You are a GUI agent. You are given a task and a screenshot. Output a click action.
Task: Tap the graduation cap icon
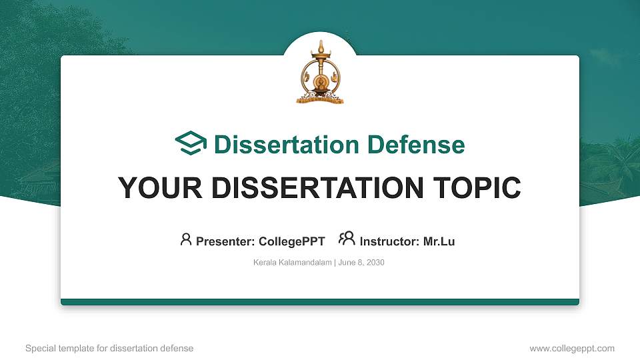pos(191,144)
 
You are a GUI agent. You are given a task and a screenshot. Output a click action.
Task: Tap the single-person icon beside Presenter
pos(186,239)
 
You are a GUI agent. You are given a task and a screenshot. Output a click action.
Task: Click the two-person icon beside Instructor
pos(347,239)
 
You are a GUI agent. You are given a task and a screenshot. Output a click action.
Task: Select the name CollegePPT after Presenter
pos(291,241)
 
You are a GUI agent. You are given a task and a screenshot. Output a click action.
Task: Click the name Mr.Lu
pos(439,241)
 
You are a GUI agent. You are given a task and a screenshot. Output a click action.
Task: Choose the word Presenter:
pos(225,241)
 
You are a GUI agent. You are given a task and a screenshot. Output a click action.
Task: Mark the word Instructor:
pos(389,241)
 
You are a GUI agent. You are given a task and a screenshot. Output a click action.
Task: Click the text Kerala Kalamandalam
pos(292,263)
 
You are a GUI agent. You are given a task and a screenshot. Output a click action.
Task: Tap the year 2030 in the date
pos(375,263)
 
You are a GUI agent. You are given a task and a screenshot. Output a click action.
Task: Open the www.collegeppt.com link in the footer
pos(571,348)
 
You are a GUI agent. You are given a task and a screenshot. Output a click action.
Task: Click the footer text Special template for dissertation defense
pos(109,348)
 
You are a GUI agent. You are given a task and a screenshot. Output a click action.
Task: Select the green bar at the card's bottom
pos(320,302)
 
